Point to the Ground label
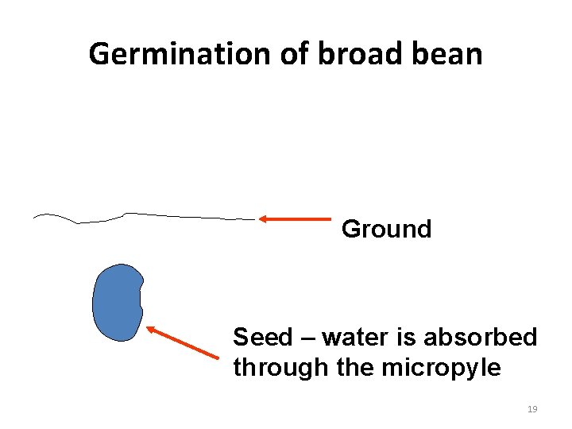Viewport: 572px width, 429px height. (x=386, y=230)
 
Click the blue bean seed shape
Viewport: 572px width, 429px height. (x=117, y=303)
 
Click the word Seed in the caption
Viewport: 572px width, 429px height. (x=262, y=338)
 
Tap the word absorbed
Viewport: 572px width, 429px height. (x=480, y=338)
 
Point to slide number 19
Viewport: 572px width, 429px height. (x=532, y=409)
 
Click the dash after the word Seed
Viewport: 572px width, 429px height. (x=307, y=338)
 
